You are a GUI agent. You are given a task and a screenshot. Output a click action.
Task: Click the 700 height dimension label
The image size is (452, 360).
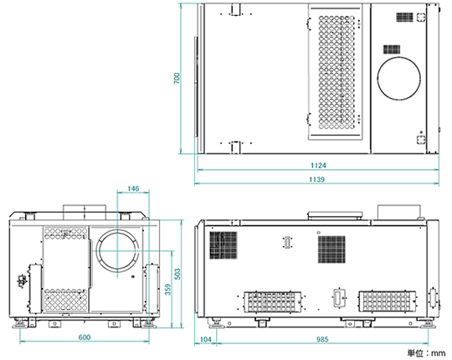tap(177, 79)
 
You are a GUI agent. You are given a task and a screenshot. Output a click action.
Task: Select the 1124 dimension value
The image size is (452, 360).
tap(318, 166)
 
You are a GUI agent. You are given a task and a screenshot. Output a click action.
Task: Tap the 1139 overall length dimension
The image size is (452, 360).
tap(316, 179)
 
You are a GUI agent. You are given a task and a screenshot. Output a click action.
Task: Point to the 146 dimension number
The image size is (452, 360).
tap(133, 189)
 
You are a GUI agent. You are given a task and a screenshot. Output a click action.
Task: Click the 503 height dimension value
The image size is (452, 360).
tap(177, 274)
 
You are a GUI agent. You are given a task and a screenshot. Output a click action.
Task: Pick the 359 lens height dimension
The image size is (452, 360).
tap(168, 289)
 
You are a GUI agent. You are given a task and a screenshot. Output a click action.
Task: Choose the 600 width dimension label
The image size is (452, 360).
tap(85, 337)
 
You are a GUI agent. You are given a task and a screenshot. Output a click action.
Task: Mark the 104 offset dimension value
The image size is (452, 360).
tap(205, 339)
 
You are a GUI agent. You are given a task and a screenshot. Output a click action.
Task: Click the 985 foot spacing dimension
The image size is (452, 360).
tap(322, 339)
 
